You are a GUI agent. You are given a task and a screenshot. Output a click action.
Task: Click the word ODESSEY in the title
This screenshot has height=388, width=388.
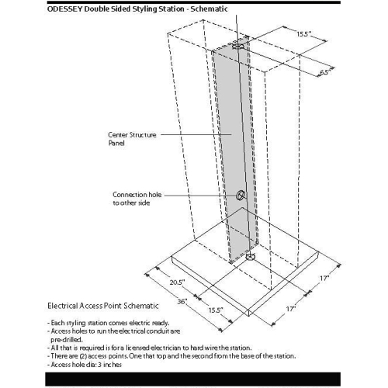[x=65, y=9]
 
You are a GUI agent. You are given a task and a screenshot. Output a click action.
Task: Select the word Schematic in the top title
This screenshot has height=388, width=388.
[x=209, y=9]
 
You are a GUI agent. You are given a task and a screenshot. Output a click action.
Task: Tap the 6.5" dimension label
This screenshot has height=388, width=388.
[x=326, y=71]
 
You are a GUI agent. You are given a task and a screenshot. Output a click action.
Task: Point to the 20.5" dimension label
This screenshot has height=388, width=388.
[x=177, y=282]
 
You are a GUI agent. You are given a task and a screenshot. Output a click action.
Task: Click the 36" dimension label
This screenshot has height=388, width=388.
[x=182, y=301]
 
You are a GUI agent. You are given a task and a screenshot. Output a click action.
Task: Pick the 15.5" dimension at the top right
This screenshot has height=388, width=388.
[x=304, y=34]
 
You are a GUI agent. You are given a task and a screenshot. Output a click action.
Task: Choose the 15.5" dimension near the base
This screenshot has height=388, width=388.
[x=216, y=310]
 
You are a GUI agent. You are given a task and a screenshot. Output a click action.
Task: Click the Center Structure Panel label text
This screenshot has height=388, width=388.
[x=132, y=139]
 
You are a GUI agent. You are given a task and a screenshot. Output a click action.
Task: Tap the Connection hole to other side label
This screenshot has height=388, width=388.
[x=137, y=199]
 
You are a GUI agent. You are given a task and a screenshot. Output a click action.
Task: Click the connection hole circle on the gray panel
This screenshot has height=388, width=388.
[x=241, y=195]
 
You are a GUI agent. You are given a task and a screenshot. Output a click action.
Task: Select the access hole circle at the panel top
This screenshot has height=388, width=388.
[x=237, y=46]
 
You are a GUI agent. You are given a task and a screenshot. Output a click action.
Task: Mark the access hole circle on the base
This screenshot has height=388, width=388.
[x=250, y=257]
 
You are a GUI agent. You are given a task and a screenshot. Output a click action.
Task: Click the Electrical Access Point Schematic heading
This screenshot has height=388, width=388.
[x=103, y=306]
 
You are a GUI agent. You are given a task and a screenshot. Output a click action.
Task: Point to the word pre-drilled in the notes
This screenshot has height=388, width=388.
[x=67, y=339]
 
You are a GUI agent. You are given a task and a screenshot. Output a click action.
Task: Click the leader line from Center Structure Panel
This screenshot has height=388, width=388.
[x=196, y=134]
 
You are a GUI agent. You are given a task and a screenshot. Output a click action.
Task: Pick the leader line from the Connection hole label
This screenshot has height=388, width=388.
[x=200, y=196]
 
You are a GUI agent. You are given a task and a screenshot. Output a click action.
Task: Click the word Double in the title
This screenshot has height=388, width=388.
[x=95, y=9]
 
